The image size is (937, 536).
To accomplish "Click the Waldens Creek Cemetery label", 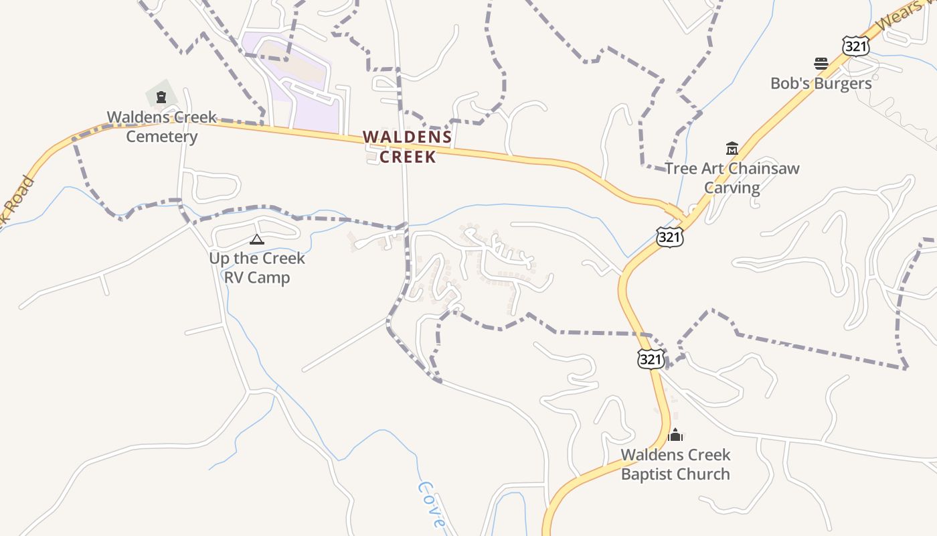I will pyautogui.click(x=162, y=127).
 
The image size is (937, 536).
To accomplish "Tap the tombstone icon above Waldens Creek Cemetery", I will pyautogui.click(x=161, y=98).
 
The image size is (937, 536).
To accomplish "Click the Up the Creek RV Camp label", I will pyautogui.click(x=257, y=267).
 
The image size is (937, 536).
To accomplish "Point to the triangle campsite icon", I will pyautogui.click(x=257, y=239).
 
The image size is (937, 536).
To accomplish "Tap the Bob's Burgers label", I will pyautogui.click(x=821, y=83).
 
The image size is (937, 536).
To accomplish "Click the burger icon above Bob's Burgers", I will pyautogui.click(x=821, y=64).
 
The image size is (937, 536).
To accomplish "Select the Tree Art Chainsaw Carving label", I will pyautogui.click(x=732, y=178).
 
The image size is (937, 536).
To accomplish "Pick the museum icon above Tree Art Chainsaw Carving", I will pyautogui.click(x=732, y=148).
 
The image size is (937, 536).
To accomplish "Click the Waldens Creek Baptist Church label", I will pyautogui.click(x=675, y=464).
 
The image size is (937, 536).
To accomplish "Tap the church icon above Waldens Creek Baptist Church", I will pyautogui.click(x=675, y=435).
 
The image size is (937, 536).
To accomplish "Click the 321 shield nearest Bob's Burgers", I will pyautogui.click(x=855, y=46).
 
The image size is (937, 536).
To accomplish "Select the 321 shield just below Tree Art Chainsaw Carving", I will pyautogui.click(x=669, y=237).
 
